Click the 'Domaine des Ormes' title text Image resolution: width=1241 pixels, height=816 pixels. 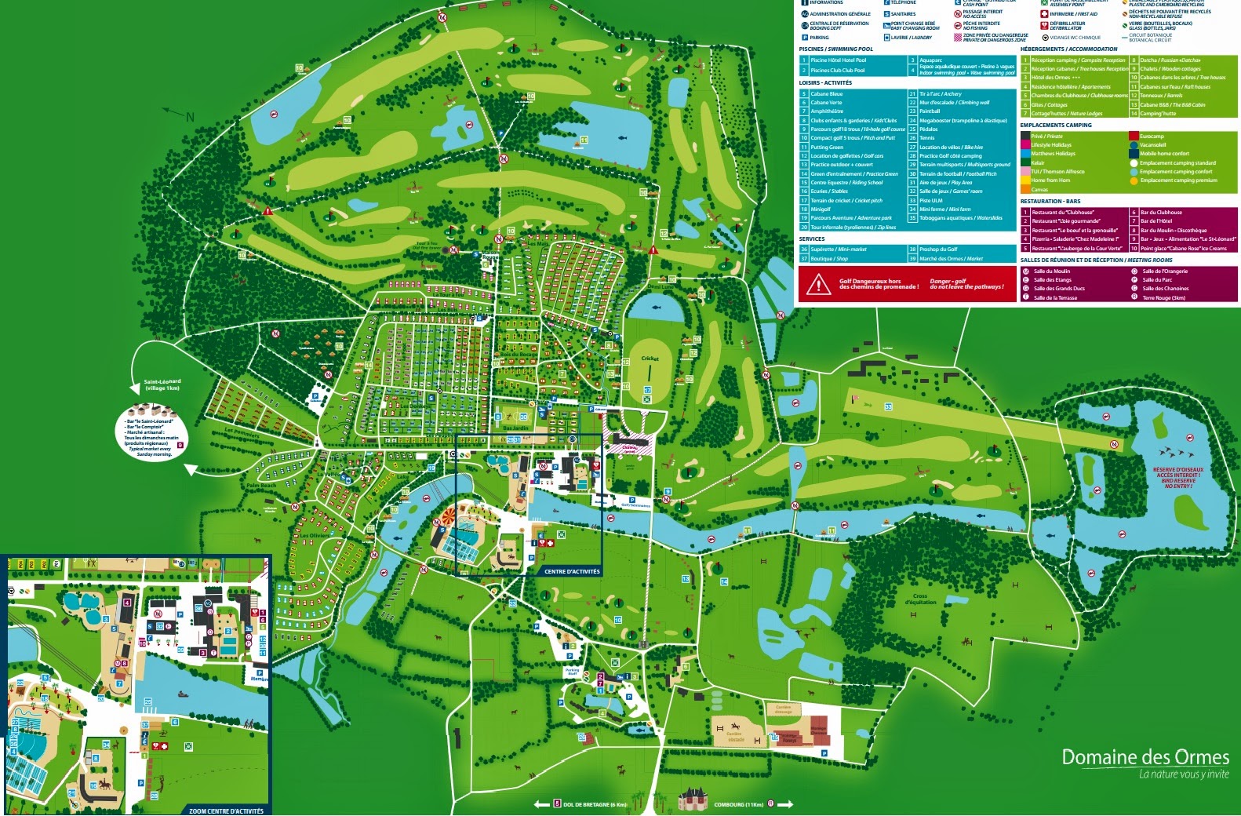tap(1145, 757)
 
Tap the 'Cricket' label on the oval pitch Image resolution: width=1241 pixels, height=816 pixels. tap(650, 359)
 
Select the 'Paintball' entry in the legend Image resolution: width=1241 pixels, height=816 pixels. tap(930, 111)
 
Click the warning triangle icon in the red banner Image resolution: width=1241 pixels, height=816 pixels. tap(818, 284)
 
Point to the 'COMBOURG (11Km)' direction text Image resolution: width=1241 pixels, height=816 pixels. tap(738, 804)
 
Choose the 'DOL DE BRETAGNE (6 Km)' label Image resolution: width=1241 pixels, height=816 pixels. tap(595, 804)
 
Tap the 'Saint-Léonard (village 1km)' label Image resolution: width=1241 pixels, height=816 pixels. tap(162, 384)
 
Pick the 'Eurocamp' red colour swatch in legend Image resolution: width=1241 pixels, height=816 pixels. tap(1134, 136)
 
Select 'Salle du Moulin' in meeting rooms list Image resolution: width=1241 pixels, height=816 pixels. tap(1051, 271)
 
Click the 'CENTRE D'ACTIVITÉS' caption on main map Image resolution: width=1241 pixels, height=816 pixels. tap(572, 571)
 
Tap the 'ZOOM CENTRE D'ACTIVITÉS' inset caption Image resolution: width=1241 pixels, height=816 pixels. tap(226, 811)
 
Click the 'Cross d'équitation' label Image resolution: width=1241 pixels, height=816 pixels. tap(920, 599)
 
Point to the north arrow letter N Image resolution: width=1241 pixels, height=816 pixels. tap(190, 118)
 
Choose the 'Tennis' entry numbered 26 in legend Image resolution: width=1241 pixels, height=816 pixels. tap(927, 138)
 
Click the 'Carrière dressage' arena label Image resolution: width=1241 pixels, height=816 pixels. tap(783, 709)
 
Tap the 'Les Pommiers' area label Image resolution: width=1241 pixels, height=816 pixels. tap(242, 432)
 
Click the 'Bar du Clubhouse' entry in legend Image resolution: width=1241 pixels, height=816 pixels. tap(1161, 213)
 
